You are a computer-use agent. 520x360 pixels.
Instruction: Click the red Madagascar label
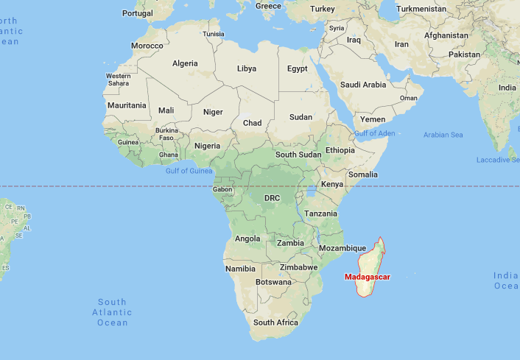(x=367, y=277)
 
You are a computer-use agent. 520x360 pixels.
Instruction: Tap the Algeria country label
(x=185, y=63)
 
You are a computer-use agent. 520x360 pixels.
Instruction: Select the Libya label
(x=247, y=68)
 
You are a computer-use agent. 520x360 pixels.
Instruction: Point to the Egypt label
(x=297, y=68)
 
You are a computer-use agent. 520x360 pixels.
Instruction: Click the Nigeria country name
(x=207, y=146)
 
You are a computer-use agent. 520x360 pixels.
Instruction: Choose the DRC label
(x=272, y=198)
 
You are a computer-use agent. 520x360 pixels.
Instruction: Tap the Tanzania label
(x=321, y=213)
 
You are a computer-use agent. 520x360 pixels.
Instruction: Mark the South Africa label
(x=275, y=322)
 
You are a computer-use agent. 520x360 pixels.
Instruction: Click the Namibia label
(x=241, y=269)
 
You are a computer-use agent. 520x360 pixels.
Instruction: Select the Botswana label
(x=273, y=282)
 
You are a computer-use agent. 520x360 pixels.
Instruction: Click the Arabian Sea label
(x=443, y=135)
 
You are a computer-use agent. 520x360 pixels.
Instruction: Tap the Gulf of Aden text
(x=374, y=133)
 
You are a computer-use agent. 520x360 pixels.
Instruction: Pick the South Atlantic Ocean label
(x=112, y=312)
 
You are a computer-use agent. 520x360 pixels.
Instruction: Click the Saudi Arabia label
(x=363, y=85)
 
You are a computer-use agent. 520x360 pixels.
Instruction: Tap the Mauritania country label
(x=127, y=105)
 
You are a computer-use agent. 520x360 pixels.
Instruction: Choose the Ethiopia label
(x=340, y=150)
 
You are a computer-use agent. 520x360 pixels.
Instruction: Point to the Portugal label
(x=138, y=13)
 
